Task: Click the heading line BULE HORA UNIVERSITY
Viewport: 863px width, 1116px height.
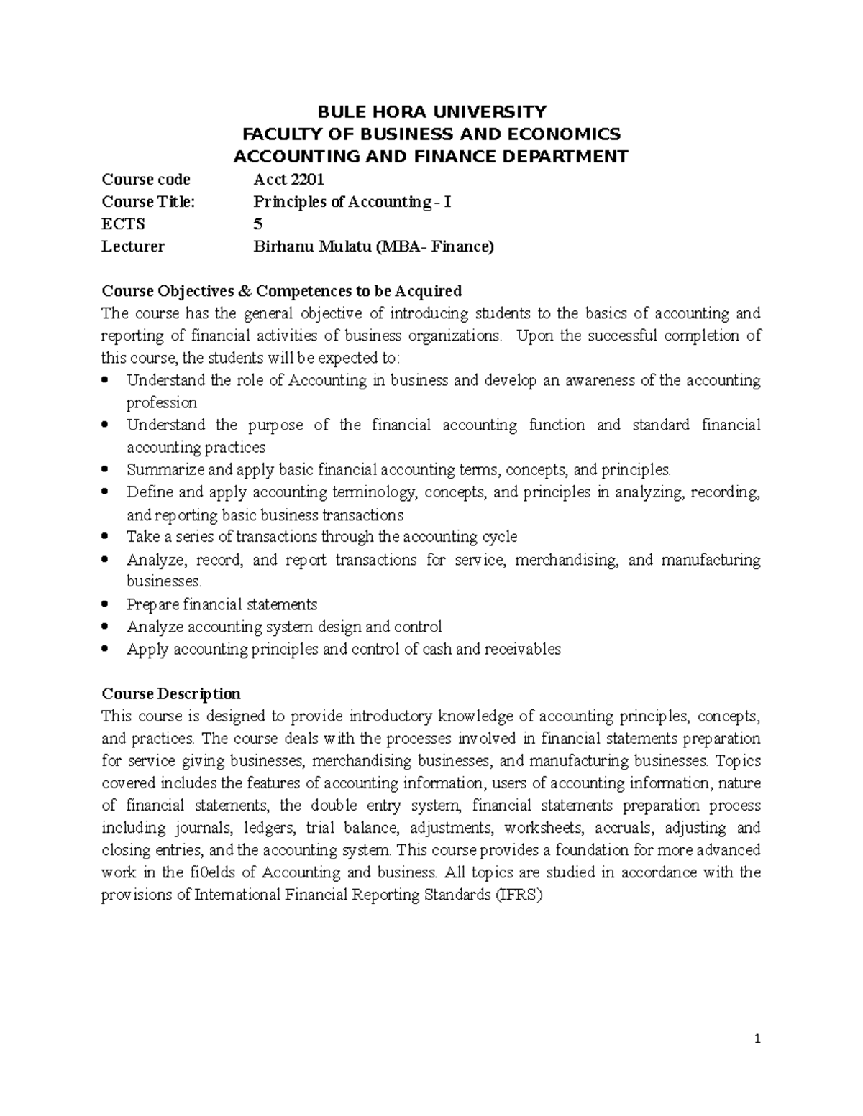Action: [x=432, y=111]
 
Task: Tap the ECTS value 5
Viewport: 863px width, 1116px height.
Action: [x=257, y=224]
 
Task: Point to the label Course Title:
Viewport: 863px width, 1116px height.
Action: [x=148, y=202]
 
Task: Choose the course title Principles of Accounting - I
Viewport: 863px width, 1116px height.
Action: [x=352, y=202]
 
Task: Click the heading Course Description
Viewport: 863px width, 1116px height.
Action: [x=171, y=694]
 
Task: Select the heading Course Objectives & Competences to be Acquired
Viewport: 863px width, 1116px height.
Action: [x=281, y=291]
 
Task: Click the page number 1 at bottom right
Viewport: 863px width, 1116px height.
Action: [x=757, y=1039]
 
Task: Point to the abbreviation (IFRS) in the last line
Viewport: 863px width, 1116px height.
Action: [x=520, y=895]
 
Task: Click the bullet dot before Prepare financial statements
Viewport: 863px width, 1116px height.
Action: [x=106, y=604]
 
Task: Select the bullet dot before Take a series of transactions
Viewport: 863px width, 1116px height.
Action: [x=106, y=537]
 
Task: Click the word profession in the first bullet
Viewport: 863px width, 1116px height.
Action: [x=161, y=402]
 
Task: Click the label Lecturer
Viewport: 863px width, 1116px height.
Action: [x=133, y=246]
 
